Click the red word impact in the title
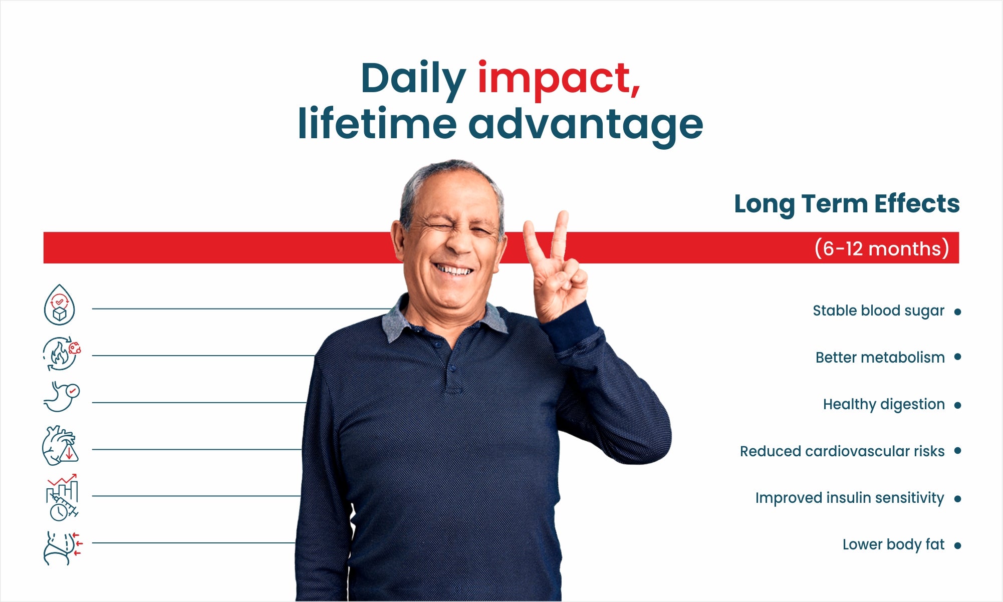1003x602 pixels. tap(559, 80)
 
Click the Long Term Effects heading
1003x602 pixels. tap(847, 204)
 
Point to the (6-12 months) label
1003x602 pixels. tap(882, 248)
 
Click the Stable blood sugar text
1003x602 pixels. tap(878, 311)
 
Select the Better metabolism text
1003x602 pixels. tap(880, 358)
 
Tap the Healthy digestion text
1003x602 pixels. tap(884, 405)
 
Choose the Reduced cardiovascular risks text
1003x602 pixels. tap(842, 451)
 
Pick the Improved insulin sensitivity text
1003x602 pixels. tap(850, 498)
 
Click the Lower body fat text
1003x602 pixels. tap(893, 544)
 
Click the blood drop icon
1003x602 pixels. tap(60, 305)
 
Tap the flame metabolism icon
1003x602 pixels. tap(61, 354)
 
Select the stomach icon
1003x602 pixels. tap(61, 397)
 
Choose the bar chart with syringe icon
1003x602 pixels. tap(62, 497)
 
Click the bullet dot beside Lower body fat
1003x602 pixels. tap(958, 545)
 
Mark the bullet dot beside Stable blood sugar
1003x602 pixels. tap(958, 312)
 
